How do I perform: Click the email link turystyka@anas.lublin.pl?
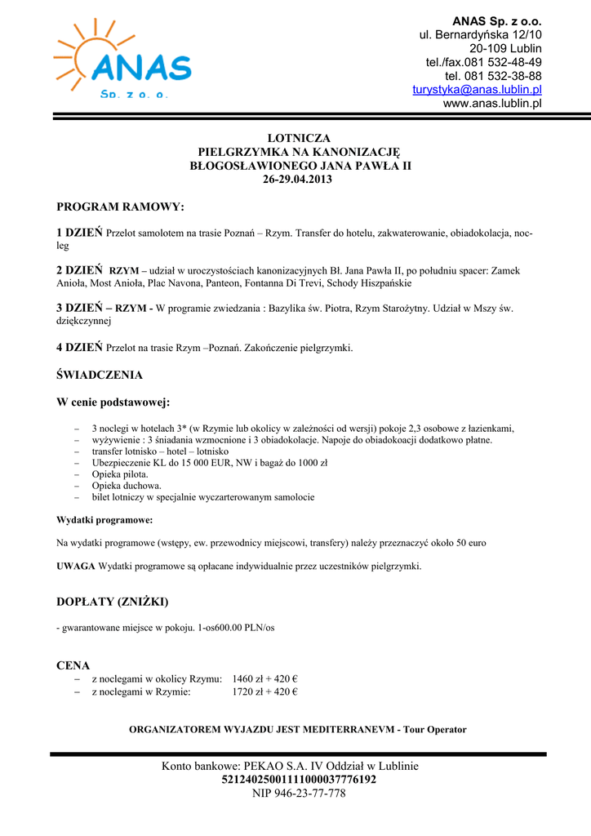pos(477,89)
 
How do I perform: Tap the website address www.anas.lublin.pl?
pos(492,103)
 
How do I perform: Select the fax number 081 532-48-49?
pos(503,62)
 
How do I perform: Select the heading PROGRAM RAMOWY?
pos(120,207)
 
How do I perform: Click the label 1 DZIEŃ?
pos(79,233)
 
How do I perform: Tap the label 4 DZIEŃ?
pos(79,347)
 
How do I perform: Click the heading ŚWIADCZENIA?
pos(99,375)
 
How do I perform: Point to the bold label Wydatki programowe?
pos(104,519)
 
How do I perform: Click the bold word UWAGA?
pos(75,566)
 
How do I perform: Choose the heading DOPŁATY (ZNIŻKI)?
pos(112,602)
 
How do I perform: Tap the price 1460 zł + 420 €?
pos(264,679)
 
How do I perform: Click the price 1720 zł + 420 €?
pos(264,692)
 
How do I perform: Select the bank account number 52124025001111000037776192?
pos(299,780)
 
